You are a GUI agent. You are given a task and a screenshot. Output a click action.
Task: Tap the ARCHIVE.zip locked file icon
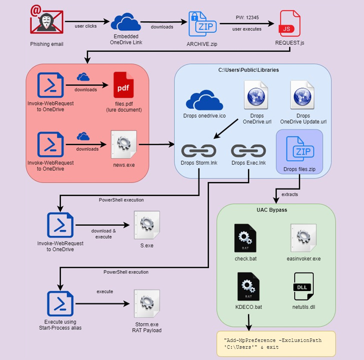click(200, 23)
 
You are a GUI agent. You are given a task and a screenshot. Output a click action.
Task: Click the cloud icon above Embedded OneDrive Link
click(125, 22)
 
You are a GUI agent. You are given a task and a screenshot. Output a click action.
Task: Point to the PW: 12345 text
click(247, 16)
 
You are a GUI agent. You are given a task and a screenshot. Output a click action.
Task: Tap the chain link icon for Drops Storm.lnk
click(198, 150)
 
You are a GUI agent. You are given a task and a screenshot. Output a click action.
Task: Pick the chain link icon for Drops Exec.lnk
click(248, 150)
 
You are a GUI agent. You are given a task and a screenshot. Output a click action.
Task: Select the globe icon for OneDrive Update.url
click(303, 94)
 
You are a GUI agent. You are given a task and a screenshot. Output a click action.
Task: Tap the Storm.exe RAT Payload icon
click(147, 302)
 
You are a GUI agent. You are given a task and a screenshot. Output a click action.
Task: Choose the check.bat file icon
click(245, 237)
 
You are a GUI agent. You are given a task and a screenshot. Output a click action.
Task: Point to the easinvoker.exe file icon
click(303, 237)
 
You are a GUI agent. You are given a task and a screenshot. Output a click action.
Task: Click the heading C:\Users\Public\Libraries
click(252, 70)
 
